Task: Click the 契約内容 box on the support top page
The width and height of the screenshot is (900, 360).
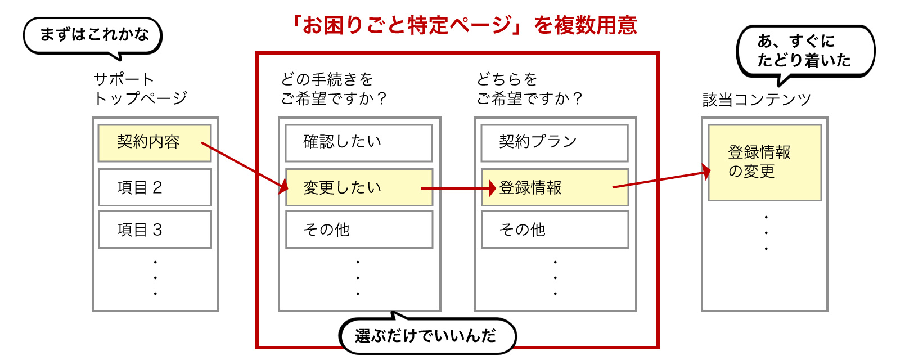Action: [154, 143]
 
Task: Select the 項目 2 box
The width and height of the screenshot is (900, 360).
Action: [155, 187]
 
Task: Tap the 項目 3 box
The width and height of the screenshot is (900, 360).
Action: [155, 229]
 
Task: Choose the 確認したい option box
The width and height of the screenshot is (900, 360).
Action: [359, 143]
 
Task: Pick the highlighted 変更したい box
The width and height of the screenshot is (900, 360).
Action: [359, 187]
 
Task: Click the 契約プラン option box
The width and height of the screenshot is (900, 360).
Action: [555, 143]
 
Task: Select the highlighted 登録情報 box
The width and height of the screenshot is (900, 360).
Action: [555, 187]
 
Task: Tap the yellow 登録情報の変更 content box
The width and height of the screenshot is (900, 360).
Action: [764, 163]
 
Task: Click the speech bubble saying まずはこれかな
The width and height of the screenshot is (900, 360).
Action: [93, 35]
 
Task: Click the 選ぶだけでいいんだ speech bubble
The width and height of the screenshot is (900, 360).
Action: [427, 336]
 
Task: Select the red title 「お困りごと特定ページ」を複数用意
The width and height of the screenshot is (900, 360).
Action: [463, 25]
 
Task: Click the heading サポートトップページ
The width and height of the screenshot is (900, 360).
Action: [140, 89]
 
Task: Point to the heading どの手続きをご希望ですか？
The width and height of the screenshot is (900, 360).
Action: [334, 89]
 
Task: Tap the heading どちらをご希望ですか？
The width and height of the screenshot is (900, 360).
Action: [529, 89]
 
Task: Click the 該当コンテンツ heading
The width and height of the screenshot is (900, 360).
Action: [757, 100]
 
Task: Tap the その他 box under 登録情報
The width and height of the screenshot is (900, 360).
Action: [555, 229]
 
